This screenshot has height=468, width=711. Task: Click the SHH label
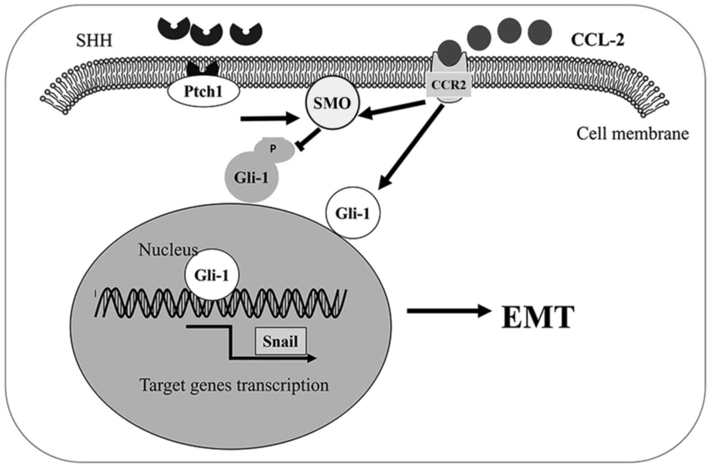[94, 40]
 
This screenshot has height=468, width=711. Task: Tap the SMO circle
[332, 103]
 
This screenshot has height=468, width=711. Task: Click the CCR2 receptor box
[448, 85]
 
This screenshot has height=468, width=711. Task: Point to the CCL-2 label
[597, 40]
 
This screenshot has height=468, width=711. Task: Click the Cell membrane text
[633, 134]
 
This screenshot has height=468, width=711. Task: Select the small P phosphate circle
[274, 150]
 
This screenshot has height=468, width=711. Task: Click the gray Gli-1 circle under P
[252, 178]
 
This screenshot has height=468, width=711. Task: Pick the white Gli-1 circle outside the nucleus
[353, 213]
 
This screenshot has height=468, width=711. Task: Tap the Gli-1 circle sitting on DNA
[212, 275]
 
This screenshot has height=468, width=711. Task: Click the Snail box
[280, 341]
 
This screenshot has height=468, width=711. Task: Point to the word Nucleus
[168, 250]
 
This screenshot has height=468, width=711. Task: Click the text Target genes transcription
[234, 385]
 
